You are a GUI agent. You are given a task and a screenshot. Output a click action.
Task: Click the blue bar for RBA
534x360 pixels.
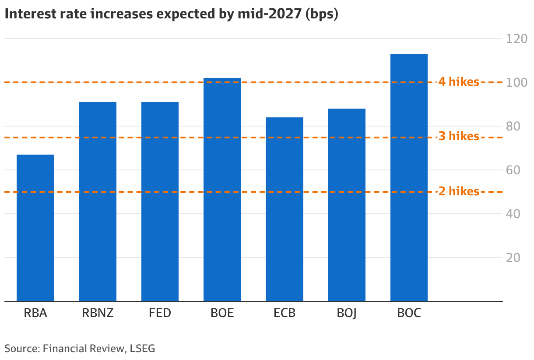pos(35,228)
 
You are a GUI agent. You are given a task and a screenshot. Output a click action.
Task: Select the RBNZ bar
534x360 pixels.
pos(98,201)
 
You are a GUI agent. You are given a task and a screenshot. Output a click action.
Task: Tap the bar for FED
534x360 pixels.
pos(160,201)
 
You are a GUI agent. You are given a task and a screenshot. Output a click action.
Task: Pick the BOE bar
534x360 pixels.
pos(222,190)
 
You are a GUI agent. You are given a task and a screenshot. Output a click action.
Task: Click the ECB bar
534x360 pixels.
pos(285,209)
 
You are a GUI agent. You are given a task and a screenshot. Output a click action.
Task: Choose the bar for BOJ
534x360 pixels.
pos(347,205)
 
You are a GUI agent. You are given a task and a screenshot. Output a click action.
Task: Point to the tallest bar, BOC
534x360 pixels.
pos(409,177)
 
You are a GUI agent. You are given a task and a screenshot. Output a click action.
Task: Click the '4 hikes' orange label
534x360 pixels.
pos(459,82)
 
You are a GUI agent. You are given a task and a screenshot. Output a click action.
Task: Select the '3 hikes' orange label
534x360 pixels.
pos(459,136)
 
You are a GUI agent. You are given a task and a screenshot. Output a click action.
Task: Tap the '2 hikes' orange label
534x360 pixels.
pos(459,191)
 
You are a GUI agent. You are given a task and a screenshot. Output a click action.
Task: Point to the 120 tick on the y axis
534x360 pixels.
pos(516,39)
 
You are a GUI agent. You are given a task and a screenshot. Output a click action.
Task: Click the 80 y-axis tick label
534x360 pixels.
pos(513,127)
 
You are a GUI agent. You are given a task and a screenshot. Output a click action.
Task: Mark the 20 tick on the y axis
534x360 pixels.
pos(513,258)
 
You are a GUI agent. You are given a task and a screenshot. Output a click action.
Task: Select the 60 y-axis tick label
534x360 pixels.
pos(513,170)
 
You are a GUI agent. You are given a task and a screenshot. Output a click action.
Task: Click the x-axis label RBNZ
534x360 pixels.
pos(98,313)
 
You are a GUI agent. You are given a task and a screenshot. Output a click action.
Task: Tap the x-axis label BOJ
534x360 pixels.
pos(347,314)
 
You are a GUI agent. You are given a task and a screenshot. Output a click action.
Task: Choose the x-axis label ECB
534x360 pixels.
pos(285,313)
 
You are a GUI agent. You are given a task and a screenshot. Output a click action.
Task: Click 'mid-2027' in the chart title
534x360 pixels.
pos(270,14)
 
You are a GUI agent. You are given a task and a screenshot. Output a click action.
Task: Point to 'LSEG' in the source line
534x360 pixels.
pos(142,349)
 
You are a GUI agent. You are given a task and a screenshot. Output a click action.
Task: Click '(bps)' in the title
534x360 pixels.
pos(322,14)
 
